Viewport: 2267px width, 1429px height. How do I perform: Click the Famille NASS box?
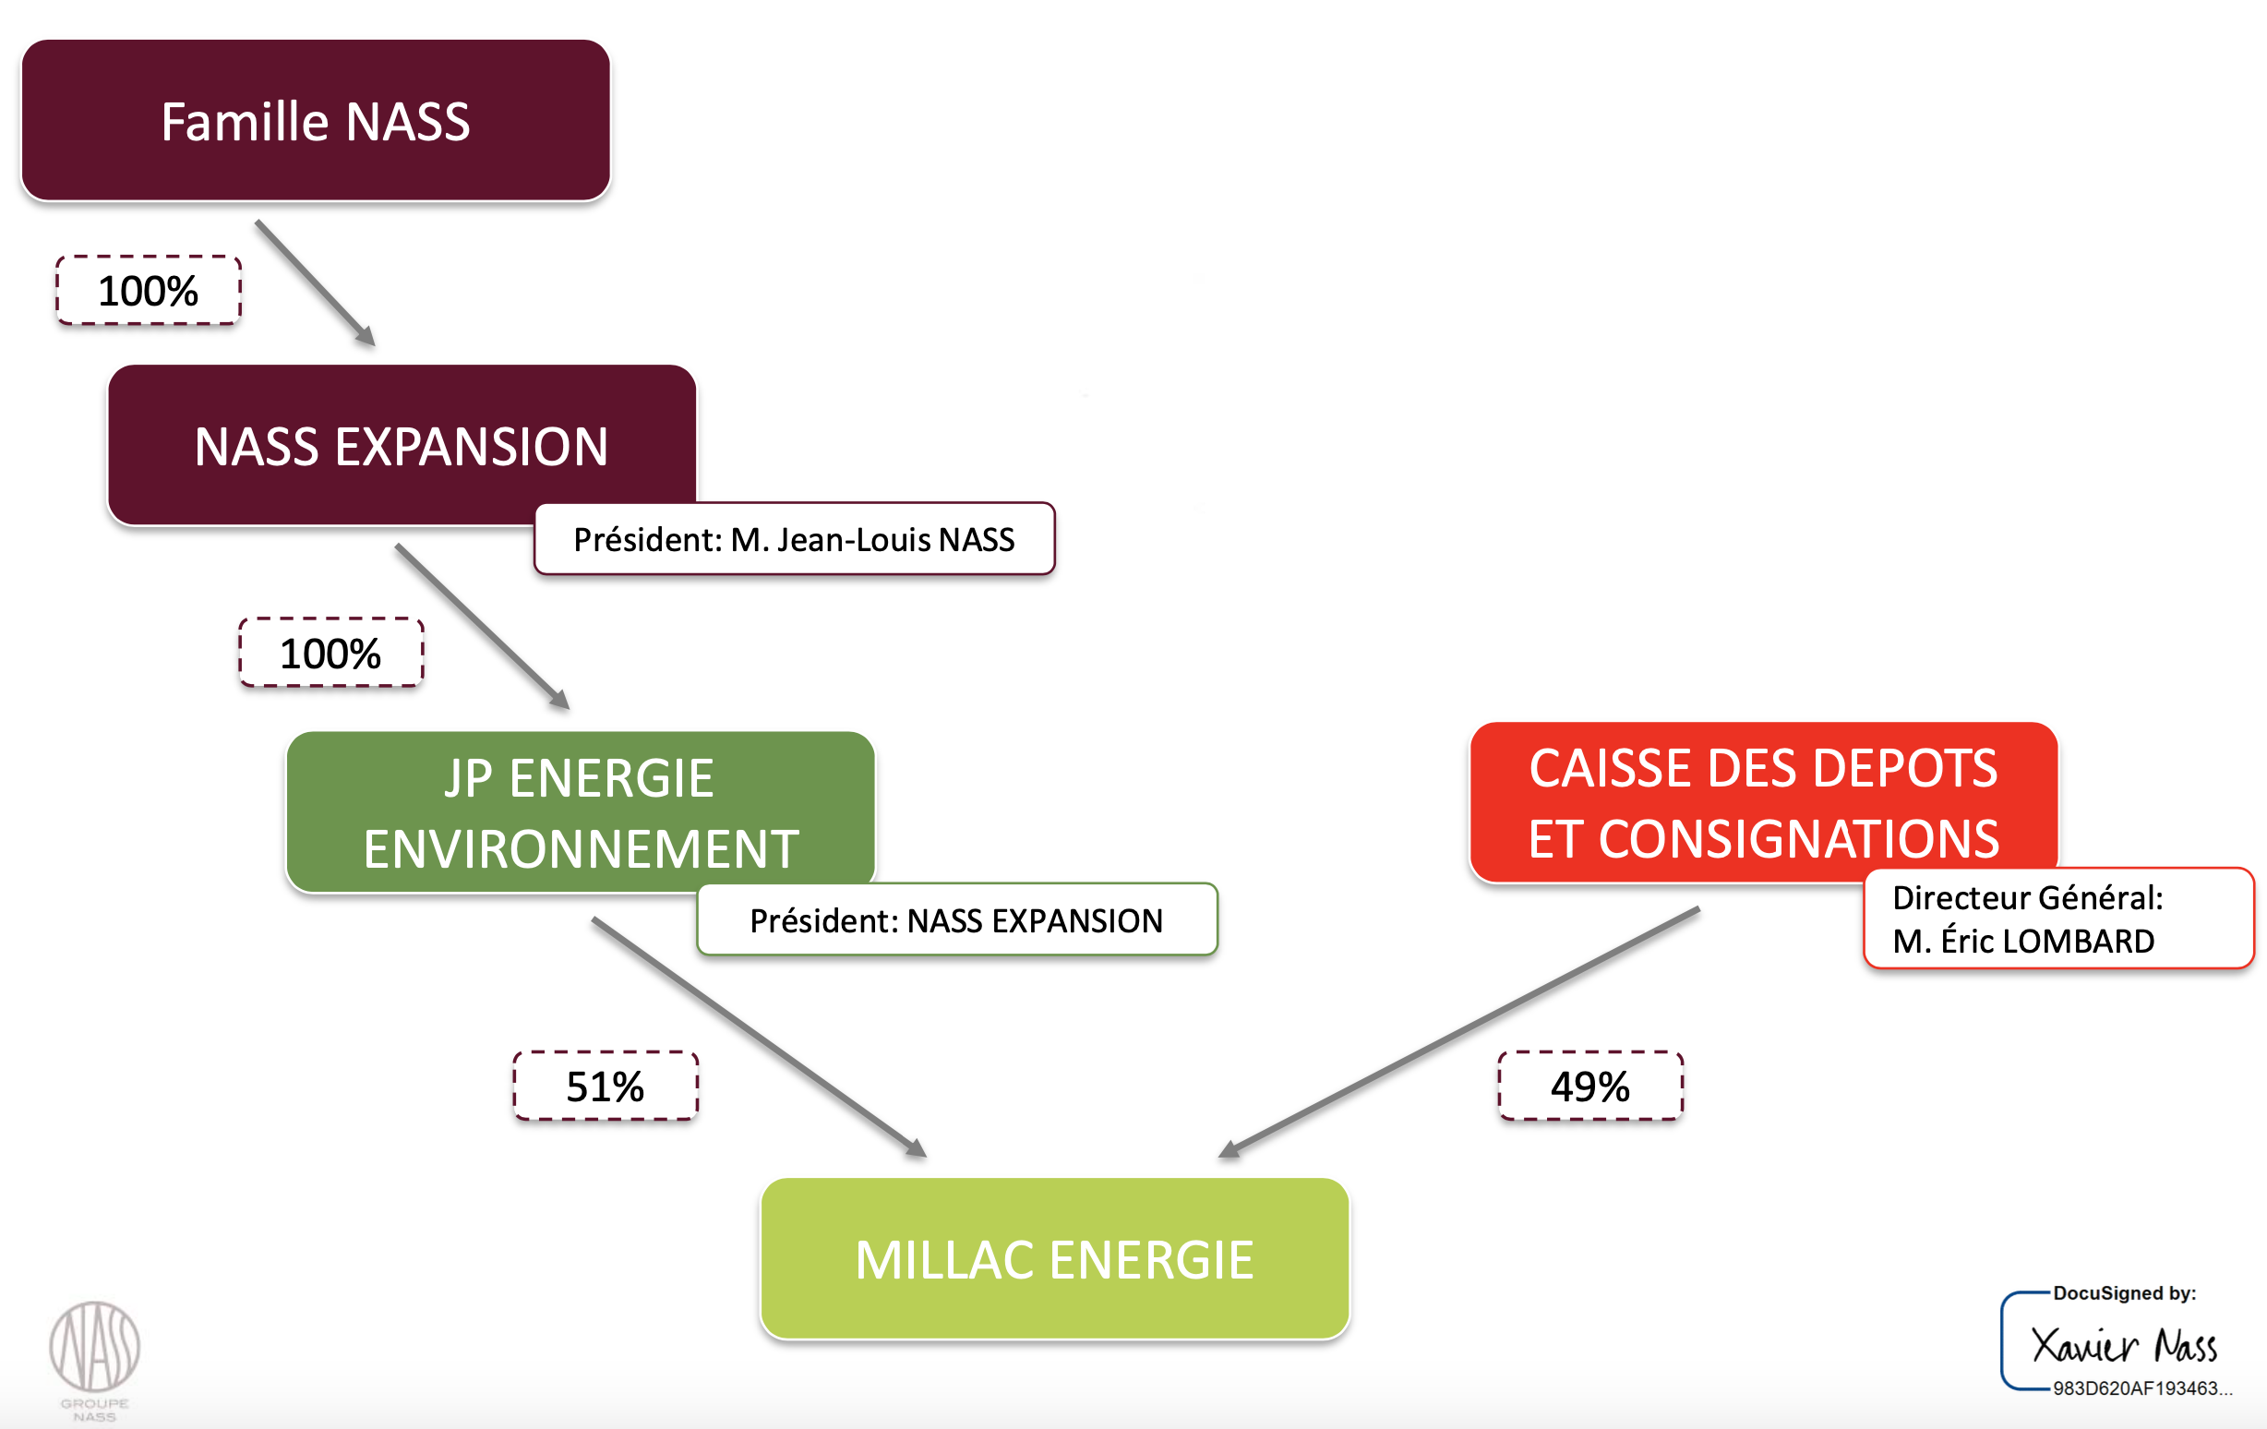click(x=316, y=121)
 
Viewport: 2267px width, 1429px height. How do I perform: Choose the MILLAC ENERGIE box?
click(x=1054, y=1258)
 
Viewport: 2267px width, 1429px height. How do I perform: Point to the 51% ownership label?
click(x=606, y=1087)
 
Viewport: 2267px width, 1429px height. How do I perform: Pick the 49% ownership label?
click(x=1590, y=1087)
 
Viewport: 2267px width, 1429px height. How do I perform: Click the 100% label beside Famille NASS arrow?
click(x=148, y=291)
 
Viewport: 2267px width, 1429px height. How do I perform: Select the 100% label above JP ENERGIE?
click(x=330, y=654)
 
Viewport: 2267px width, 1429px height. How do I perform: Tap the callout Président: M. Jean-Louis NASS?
click(x=794, y=539)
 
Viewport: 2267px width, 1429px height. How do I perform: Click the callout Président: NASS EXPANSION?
click(x=956, y=919)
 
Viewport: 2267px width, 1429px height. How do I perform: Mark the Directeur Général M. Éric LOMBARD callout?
click(x=2058, y=919)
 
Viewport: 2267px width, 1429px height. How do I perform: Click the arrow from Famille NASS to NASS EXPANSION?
click(x=316, y=283)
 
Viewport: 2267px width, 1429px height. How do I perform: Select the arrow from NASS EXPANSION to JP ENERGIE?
click(x=482, y=626)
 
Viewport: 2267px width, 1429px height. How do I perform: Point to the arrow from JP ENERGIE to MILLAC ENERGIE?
click(x=758, y=1036)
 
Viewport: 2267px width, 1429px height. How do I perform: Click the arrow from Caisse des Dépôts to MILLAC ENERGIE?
click(x=1459, y=1032)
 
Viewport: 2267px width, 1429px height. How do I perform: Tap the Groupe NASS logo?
click(x=95, y=1356)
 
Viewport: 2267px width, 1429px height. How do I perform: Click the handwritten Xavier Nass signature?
click(x=2123, y=1345)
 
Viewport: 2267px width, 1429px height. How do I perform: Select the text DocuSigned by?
click(x=2124, y=1293)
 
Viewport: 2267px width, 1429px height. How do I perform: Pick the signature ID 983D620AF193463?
click(x=2141, y=1388)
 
